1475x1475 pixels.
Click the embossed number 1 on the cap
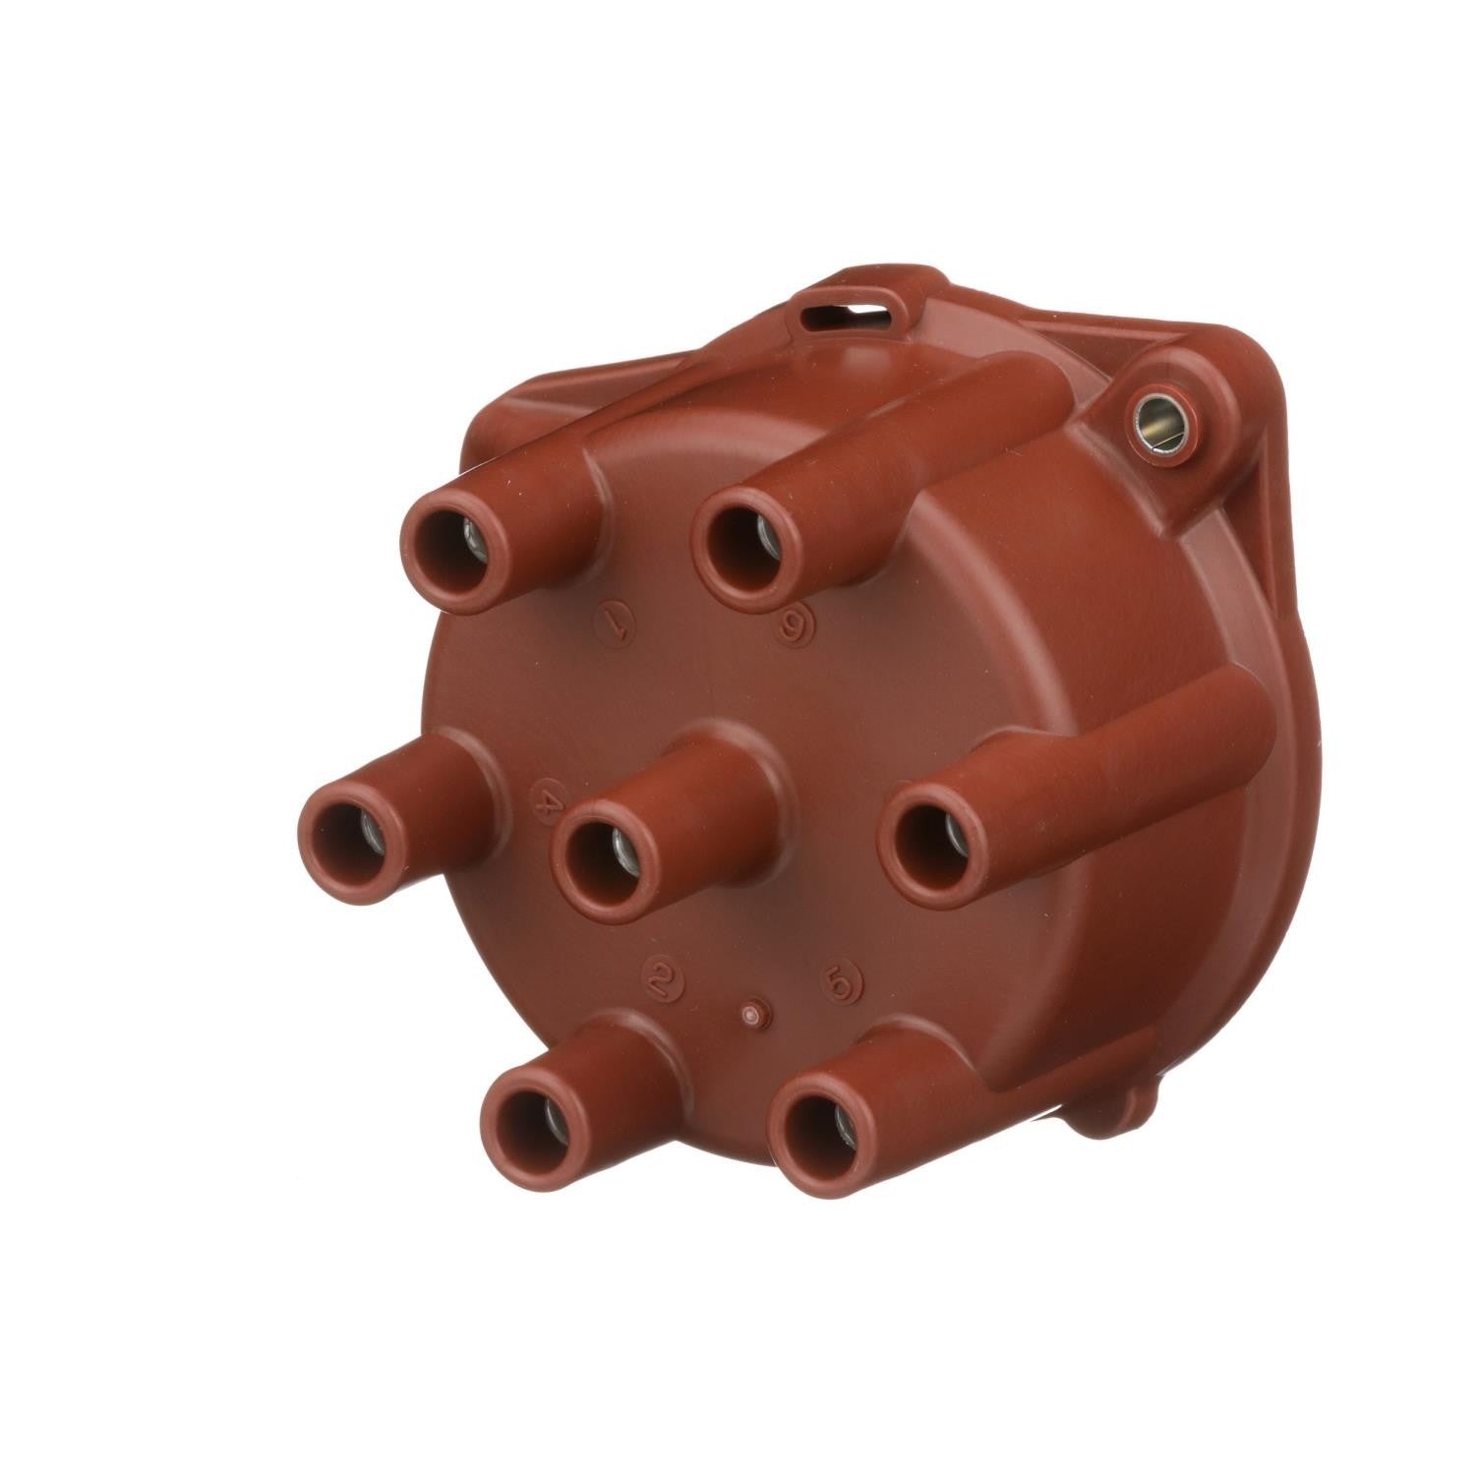click(616, 623)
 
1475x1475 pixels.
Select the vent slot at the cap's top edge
click(842, 313)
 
